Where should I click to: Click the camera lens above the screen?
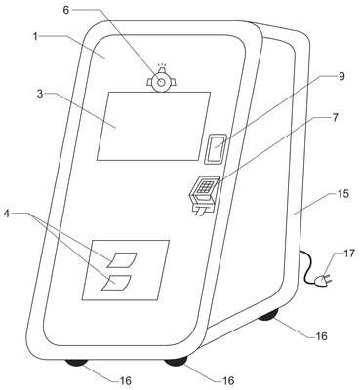click(161, 82)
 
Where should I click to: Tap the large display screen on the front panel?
click(154, 126)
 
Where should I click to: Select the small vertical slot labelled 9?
click(216, 148)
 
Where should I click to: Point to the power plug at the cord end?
click(324, 280)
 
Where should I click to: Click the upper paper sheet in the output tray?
click(122, 259)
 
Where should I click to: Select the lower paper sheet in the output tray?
click(116, 283)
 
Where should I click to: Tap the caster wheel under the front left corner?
click(76, 363)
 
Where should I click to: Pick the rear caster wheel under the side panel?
click(268, 314)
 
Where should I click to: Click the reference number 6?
click(66, 10)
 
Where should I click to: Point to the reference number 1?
click(35, 36)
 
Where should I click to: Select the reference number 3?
click(40, 94)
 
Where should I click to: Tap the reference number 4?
click(7, 214)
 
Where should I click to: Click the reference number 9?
click(340, 76)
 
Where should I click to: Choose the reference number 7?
click(336, 117)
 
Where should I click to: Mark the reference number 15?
click(341, 194)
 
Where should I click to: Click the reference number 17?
click(348, 253)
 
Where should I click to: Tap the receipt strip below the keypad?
click(200, 212)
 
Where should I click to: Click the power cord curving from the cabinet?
click(305, 266)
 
